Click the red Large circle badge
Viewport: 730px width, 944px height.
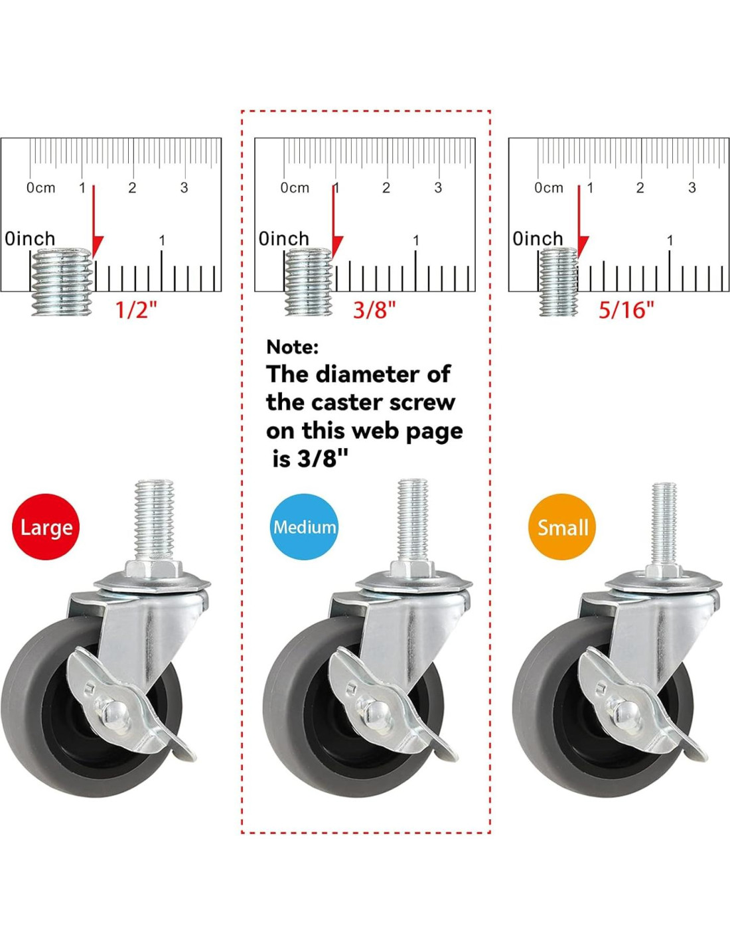click(x=46, y=526)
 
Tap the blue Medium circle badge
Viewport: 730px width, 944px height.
click(x=304, y=526)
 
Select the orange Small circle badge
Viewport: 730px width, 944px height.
click(x=562, y=526)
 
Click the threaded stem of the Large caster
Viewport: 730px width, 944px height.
click(x=154, y=520)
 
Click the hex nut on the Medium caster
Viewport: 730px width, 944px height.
click(x=412, y=569)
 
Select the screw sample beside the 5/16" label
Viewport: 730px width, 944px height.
click(x=559, y=281)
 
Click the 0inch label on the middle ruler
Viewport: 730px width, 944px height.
click(x=284, y=238)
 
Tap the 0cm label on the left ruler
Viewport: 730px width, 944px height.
click(x=41, y=188)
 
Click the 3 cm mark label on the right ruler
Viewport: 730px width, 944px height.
click(x=692, y=188)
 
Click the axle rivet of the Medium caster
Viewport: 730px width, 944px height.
click(x=372, y=712)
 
